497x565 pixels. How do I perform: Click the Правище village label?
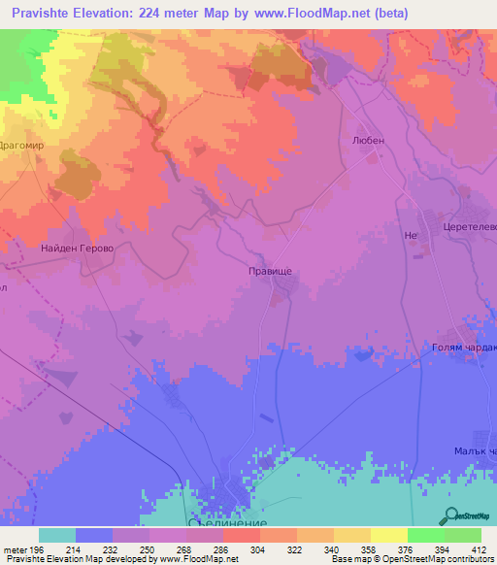click(270, 273)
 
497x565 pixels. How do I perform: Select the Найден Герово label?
click(78, 249)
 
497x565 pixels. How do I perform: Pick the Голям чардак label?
click(463, 347)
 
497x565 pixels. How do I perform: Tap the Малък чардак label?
click(475, 451)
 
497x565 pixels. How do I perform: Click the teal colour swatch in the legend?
click(57, 535)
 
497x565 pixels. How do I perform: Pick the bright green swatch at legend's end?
click(463, 535)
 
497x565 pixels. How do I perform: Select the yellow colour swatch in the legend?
click(388, 535)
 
